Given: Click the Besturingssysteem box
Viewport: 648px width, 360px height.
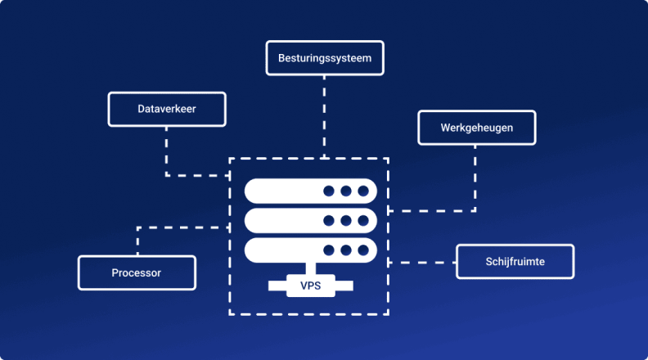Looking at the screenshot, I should click(x=325, y=59).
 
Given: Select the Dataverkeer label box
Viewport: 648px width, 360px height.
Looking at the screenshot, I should click(x=166, y=109).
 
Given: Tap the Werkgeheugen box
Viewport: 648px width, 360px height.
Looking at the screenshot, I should click(x=476, y=128).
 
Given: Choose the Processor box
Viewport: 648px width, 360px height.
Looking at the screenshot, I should click(x=137, y=272).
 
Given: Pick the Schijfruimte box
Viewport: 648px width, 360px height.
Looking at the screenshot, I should click(x=515, y=262).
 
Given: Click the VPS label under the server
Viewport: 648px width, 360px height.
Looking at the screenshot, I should click(x=310, y=286).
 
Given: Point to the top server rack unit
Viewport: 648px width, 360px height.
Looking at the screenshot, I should click(x=311, y=191).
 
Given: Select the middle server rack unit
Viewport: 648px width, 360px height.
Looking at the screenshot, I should click(x=311, y=220).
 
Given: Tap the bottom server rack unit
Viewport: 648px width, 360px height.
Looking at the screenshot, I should click(x=311, y=250).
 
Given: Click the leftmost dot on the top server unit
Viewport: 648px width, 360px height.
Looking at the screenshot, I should click(x=329, y=191).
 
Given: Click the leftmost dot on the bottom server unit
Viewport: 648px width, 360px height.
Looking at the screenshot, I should click(x=329, y=250).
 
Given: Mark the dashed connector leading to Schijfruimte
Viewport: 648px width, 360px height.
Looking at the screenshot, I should click(x=422, y=263).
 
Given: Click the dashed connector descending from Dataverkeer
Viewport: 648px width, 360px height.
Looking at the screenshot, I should click(x=167, y=151).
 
